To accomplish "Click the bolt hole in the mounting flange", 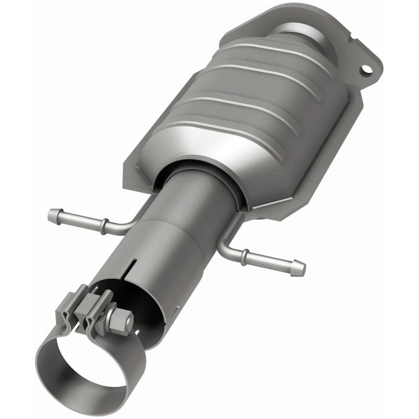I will click(x=365, y=69).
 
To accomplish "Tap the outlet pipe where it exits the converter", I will click(x=194, y=189).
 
